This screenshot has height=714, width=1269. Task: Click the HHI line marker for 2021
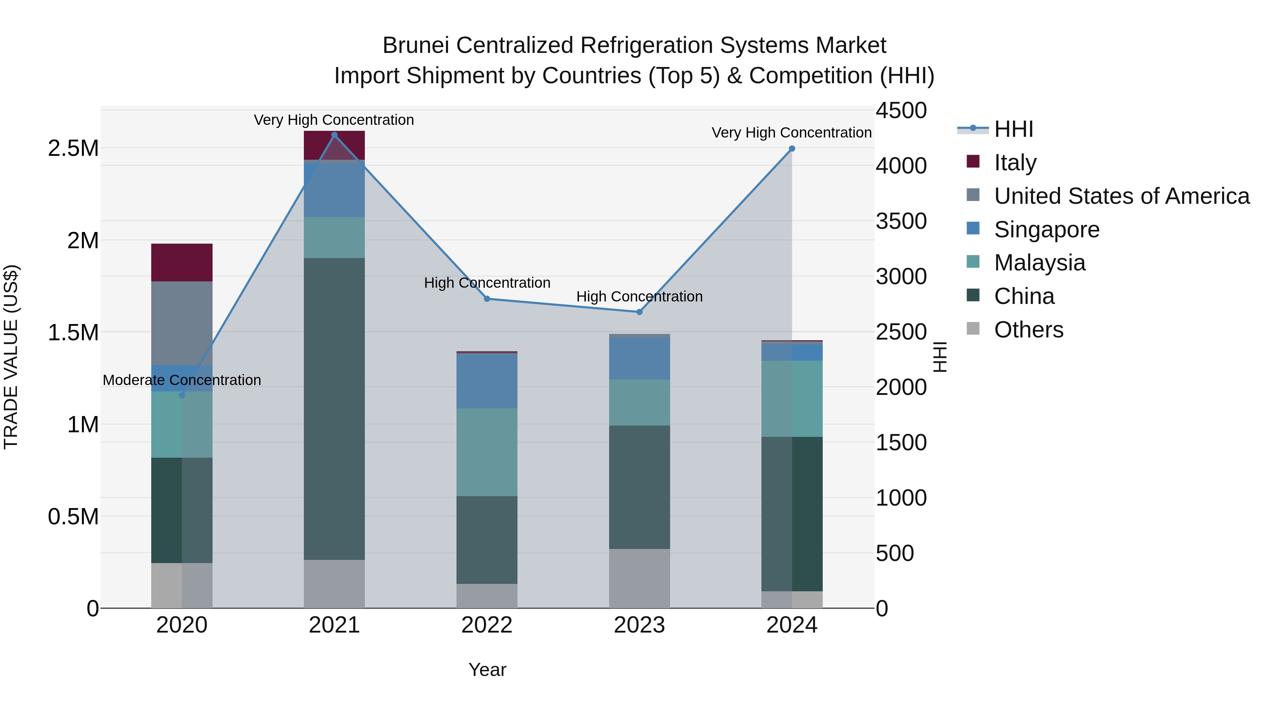[x=335, y=135]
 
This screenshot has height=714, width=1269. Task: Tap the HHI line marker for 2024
[x=792, y=148]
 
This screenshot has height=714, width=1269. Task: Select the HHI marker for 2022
[x=487, y=299]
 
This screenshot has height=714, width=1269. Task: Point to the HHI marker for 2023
[x=639, y=312]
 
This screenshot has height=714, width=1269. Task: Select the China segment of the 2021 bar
[x=335, y=409]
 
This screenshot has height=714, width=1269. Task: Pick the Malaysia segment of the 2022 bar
[x=487, y=452]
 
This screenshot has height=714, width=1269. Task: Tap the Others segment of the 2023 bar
[x=639, y=579]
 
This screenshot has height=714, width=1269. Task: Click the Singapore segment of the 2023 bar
[x=639, y=358]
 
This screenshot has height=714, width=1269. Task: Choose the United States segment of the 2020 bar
[x=182, y=323]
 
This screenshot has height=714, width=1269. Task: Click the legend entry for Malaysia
[x=1040, y=263]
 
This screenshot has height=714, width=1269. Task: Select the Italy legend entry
[x=1015, y=163]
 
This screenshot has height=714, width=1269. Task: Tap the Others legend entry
[x=1028, y=330]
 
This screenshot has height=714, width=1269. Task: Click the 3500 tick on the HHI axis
[x=901, y=221]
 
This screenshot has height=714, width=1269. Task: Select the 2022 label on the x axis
[x=487, y=625]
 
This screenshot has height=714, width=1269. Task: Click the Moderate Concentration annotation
[x=182, y=380]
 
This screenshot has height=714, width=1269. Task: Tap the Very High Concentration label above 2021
[x=334, y=120]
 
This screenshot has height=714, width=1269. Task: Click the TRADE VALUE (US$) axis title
[x=11, y=357]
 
